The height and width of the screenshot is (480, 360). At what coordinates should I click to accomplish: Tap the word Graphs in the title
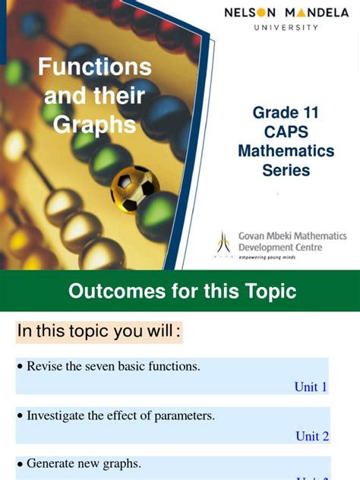[94, 124]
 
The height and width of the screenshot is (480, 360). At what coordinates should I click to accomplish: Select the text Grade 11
[286, 113]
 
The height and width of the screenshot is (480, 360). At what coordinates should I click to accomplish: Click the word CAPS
[286, 132]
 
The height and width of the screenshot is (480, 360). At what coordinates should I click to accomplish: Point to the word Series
[286, 170]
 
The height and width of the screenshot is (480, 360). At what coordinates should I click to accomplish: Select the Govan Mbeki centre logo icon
[223, 244]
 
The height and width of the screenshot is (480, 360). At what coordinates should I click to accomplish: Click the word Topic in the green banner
[267, 291]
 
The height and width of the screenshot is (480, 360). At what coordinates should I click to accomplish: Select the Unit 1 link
[311, 387]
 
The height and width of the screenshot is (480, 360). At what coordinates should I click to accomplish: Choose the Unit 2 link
[312, 436]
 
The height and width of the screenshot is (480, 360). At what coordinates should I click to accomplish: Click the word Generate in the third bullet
[51, 463]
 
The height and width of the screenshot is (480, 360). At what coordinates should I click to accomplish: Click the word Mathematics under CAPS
[286, 151]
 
